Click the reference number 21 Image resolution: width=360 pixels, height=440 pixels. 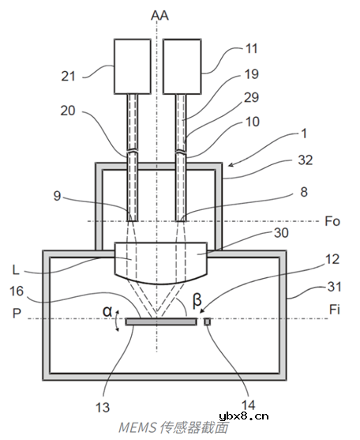(x=68, y=76)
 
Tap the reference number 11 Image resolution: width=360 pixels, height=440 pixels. (x=252, y=48)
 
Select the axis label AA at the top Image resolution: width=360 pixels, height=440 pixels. (x=159, y=16)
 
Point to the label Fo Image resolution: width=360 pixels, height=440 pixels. (x=332, y=221)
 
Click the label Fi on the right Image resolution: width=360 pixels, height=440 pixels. (x=335, y=310)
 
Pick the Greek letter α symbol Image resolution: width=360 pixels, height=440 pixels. (x=107, y=311)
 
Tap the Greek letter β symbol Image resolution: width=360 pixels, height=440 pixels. (x=197, y=299)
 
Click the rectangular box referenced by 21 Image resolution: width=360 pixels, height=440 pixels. (x=133, y=66)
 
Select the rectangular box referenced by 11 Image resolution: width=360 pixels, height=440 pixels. (x=182, y=66)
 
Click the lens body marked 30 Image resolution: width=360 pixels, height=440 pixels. (x=161, y=262)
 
